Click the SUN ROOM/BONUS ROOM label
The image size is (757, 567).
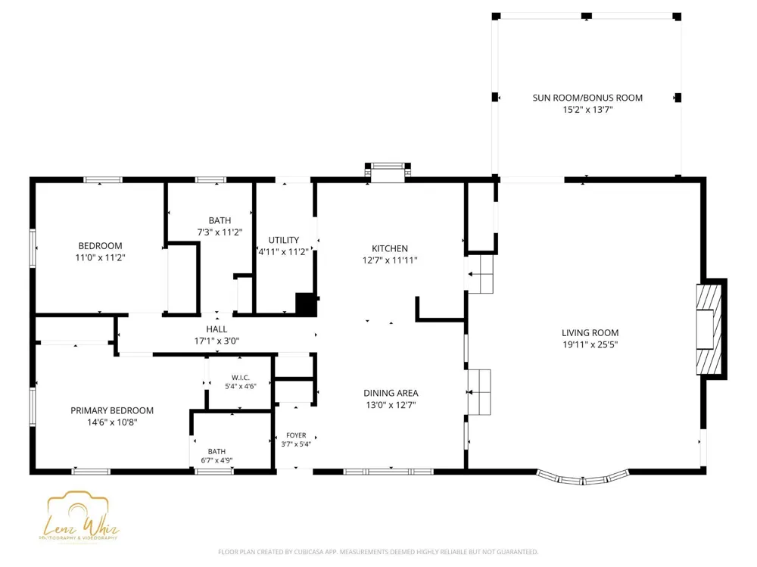[587, 98]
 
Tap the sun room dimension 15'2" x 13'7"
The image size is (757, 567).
[587, 110]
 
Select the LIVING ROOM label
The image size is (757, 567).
[590, 333]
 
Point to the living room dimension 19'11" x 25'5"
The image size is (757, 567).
[590, 344]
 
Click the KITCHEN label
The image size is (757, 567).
[390, 248]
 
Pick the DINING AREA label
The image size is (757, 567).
[391, 393]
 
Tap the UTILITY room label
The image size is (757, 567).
[283, 240]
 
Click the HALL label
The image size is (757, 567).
[217, 329]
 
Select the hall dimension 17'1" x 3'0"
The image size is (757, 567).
[217, 341]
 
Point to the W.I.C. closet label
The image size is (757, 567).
[241, 378]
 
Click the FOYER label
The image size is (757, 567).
[296, 435]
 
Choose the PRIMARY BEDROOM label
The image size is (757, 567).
[112, 410]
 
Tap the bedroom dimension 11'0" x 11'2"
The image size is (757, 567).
[100, 257]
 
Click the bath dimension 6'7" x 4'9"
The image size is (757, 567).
[217, 460]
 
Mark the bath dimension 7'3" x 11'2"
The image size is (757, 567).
[220, 232]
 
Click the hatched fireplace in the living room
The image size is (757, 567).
[709, 329]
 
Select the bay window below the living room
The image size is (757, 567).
[583, 478]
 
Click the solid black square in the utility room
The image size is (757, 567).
[306, 304]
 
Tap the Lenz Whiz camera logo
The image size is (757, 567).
[79, 517]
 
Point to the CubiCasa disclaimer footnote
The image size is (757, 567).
[378, 552]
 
